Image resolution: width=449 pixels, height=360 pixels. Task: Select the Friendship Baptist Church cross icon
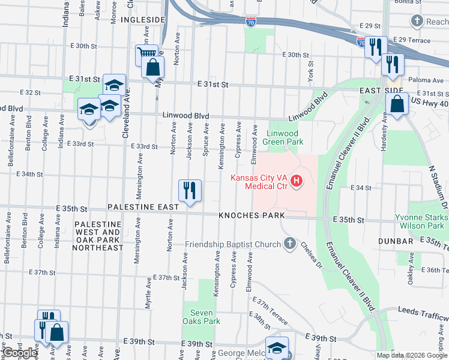[290, 244]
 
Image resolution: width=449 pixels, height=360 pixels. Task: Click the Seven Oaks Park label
[205, 317]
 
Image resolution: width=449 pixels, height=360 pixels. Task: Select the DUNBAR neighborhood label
[396, 241]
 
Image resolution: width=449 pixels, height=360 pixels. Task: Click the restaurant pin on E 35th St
[190, 191]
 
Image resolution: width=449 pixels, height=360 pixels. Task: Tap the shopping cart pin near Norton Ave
[146, 56]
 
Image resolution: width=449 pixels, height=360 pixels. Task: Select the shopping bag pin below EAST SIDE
[397, 104]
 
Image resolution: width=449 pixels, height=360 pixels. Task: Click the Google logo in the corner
[20, 353]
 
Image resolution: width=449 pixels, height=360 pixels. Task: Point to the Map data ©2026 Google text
[412, 355]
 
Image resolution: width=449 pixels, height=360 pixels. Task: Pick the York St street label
[310, 71]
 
